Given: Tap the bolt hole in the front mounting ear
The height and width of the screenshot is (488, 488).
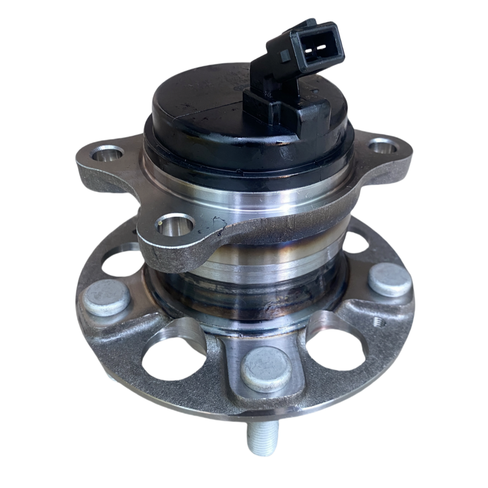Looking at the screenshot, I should (175, 225).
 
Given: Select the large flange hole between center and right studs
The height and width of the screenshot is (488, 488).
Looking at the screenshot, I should (335, 351).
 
